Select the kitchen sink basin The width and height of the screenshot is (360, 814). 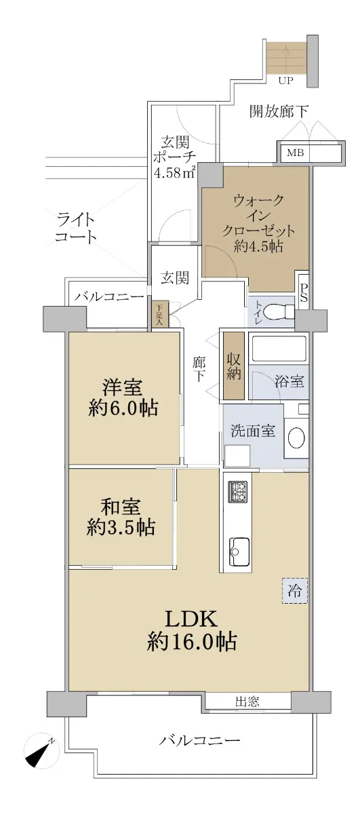click(x=238, y=551)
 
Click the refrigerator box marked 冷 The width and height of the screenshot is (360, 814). click(x=295, y=591)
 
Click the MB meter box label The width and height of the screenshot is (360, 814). click(x=295, y=153)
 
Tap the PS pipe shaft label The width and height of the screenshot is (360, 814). click(x=303, y=293)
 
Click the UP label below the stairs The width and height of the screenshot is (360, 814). click(x=285, y=81)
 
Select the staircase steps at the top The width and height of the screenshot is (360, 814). click(x=287, y=58)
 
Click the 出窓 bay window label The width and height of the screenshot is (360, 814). click(x=247, y=701)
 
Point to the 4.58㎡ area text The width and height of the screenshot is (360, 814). click(x=175, y=172)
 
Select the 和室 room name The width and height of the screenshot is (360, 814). click(x=121, y=507)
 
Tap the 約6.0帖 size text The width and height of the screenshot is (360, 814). click(x=123, y=408)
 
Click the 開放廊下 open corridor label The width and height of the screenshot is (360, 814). click(x=279, y=111)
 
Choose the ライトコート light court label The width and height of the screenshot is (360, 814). click(x=75, y=228)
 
